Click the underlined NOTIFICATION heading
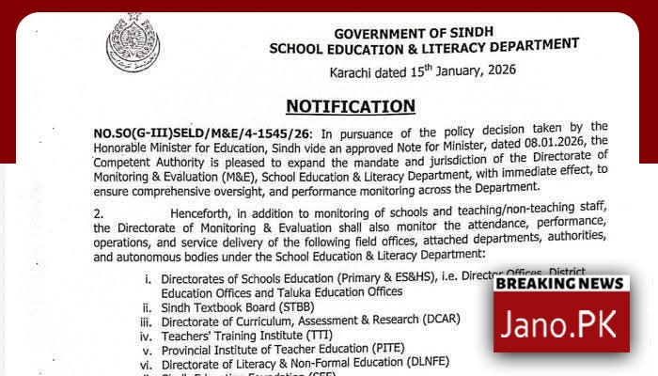pyautogui.click(x=351, y=105)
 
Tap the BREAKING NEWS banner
pyautogui.click(x=561, y=283)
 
